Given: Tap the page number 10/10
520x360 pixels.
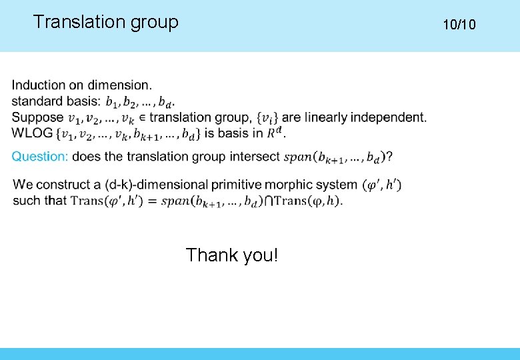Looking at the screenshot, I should [x=459, y=25].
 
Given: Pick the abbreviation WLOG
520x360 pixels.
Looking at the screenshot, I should [x=32, y=133].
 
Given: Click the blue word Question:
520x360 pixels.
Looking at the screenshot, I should [x=40, y=157].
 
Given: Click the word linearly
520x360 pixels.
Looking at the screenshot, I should [x=325, y=118].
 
